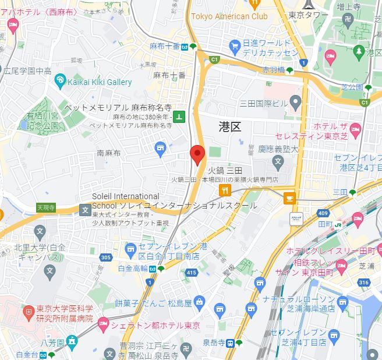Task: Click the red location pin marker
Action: click(197, 155)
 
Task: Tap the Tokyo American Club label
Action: click(229, 16)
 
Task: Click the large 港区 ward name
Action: click(229, 126)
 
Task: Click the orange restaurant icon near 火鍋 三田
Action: click(224, 191)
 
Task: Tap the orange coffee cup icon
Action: click(289, 199)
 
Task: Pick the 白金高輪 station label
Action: click(133, 269)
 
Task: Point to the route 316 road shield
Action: click(365, 283)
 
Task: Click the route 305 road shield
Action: click(105, 257)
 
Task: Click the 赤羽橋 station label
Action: click(273, 69)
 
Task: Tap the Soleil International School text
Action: click(125, 197)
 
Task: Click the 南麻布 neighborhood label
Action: click(108, 153)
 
